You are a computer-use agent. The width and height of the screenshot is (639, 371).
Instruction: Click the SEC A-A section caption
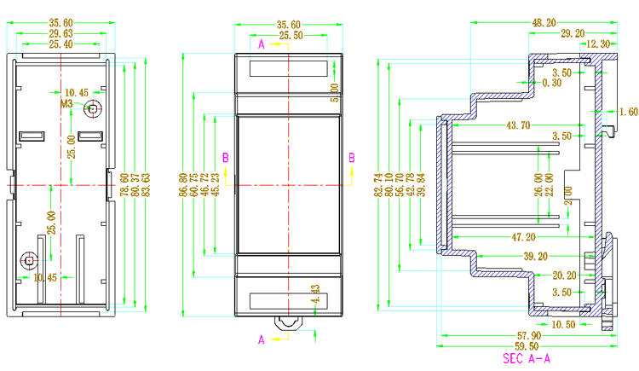point(526,359)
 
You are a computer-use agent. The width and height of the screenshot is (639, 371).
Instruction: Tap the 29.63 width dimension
point(60,33)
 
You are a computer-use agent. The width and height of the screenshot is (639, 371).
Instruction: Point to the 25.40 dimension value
point(60,43)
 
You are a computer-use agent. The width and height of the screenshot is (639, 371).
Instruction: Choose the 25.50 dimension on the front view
point(291,35)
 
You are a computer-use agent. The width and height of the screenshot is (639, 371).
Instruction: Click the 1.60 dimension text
point(629,112)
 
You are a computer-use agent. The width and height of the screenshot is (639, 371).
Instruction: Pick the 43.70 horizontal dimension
point(518,125)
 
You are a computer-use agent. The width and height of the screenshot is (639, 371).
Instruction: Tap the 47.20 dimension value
point(521,236)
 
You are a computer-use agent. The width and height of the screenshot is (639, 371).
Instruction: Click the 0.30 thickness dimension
point(552,83)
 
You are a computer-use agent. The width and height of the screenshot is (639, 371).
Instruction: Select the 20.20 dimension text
point(564,275)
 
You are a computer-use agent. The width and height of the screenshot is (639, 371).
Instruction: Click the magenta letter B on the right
point(351,157)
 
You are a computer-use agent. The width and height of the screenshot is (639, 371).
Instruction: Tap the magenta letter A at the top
point(262,42)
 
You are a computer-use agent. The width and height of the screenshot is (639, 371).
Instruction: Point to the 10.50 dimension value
point(562,325)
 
